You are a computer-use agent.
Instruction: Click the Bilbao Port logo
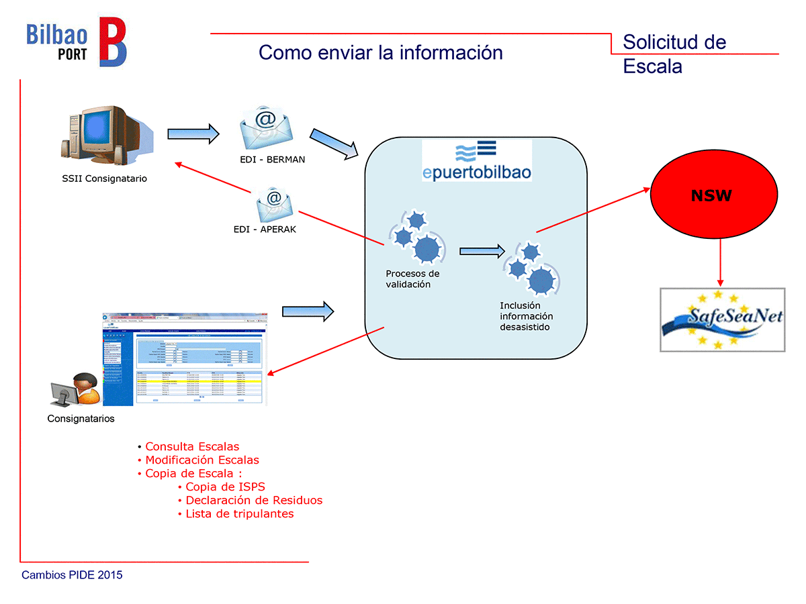[x=76, y=42]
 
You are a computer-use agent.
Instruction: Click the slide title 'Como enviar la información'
[x=380, y=52]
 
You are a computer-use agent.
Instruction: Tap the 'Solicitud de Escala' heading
[x=674, y=54]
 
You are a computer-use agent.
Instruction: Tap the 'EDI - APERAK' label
[x=265, y=230]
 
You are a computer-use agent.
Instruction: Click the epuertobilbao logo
[x=477, y=161]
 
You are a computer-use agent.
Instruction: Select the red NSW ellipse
[x=711, y=196]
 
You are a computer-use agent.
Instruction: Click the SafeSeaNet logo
[x=722, y=319]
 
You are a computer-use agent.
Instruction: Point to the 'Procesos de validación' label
[x=412, y=279]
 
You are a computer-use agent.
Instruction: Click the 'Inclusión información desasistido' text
[x=526, y=316]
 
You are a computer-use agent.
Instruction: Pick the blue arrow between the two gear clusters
[x=482, y=252]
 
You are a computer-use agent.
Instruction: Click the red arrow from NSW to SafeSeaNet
[x=720, y=262]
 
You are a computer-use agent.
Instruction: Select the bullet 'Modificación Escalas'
[x=201, y=460]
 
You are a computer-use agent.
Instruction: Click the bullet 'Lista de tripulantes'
[x=239, y=514]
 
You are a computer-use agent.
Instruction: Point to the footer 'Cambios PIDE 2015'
[x=72, y=575]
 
